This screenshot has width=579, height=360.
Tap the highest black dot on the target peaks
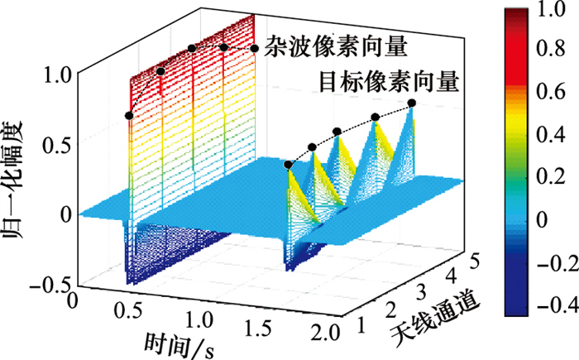pos(412,103)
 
